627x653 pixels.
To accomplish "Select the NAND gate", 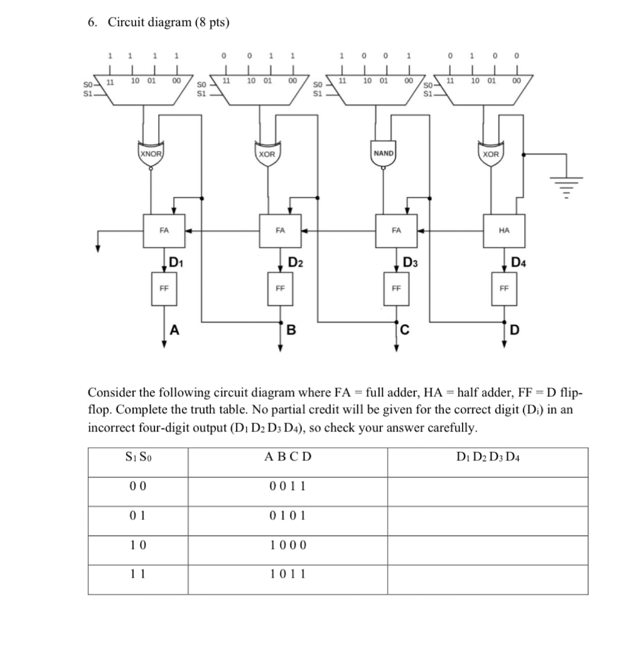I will (x=383, y=154).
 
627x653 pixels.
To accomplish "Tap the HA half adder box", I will (x=504, y=231).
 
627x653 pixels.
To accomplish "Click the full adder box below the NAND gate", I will (x=395, y=231).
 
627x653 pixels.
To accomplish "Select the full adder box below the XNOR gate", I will (x=164, y=231).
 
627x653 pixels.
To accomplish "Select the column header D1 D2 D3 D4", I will (x=488, y=457).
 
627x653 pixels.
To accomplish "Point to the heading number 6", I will (x=93, y=23).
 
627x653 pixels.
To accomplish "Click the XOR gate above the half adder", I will (x=491, y=154).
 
